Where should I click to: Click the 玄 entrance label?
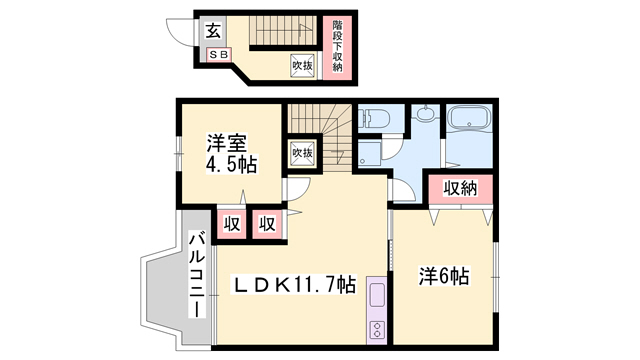(x=212, y=31)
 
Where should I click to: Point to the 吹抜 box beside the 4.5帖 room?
(x=302, y=153)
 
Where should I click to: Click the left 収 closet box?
(x=230, y=223)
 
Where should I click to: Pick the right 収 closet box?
(x=266, y=223)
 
